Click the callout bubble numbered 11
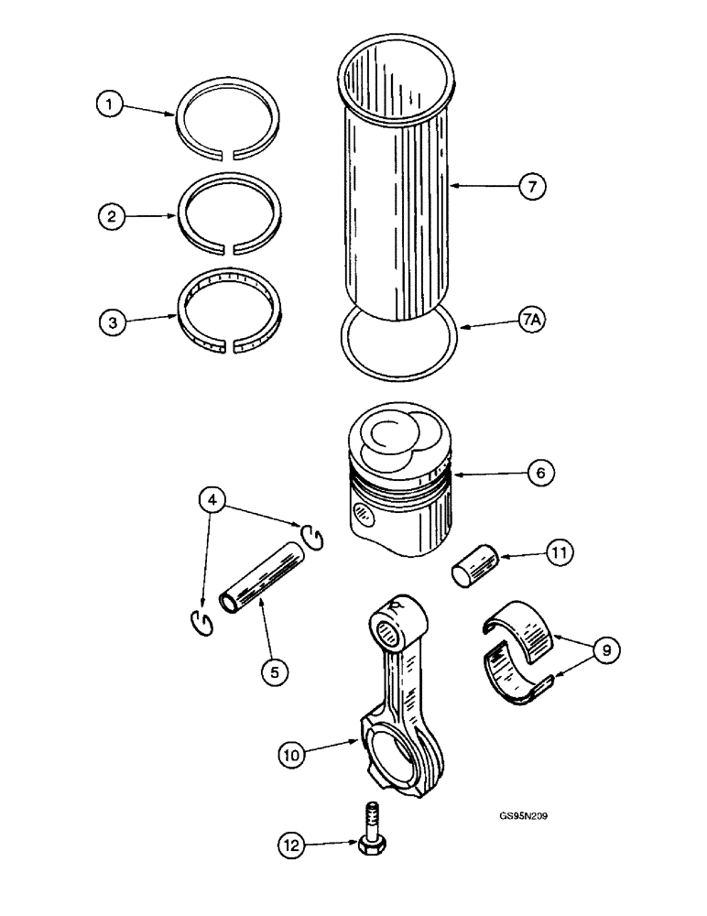[x=560, y=552]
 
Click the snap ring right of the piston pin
[x=312, y=537]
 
